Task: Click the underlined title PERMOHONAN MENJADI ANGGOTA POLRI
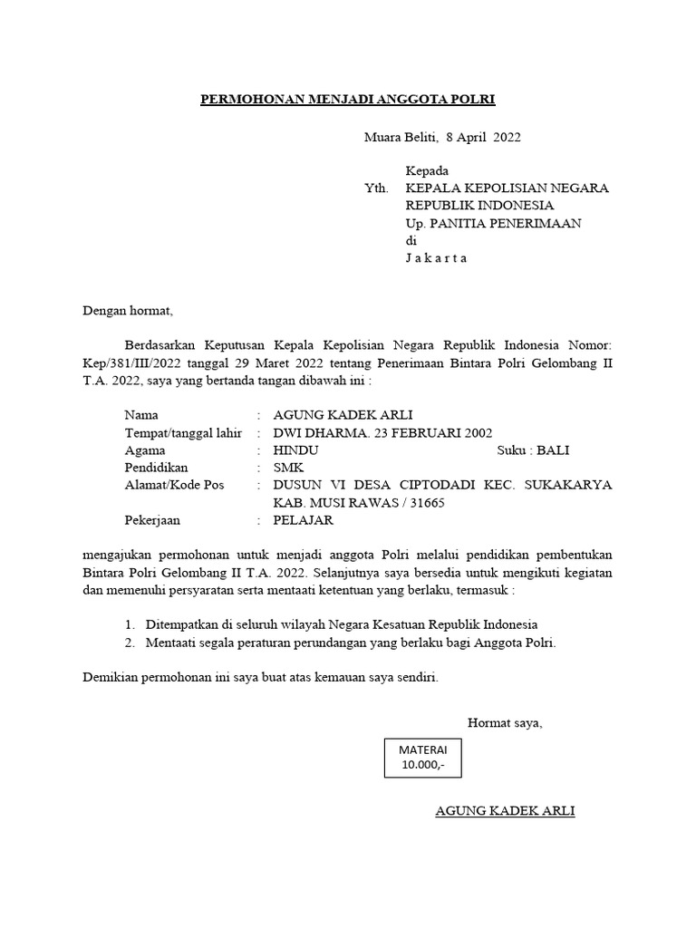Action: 348,99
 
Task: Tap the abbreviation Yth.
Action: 375,188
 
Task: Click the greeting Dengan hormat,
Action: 127,310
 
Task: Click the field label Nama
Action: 140,414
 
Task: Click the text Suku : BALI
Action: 533,449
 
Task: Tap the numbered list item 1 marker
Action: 130,625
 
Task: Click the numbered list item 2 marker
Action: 130,643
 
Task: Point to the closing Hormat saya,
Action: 505,722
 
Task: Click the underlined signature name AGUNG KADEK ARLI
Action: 505,810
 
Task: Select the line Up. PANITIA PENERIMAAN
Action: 493,223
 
